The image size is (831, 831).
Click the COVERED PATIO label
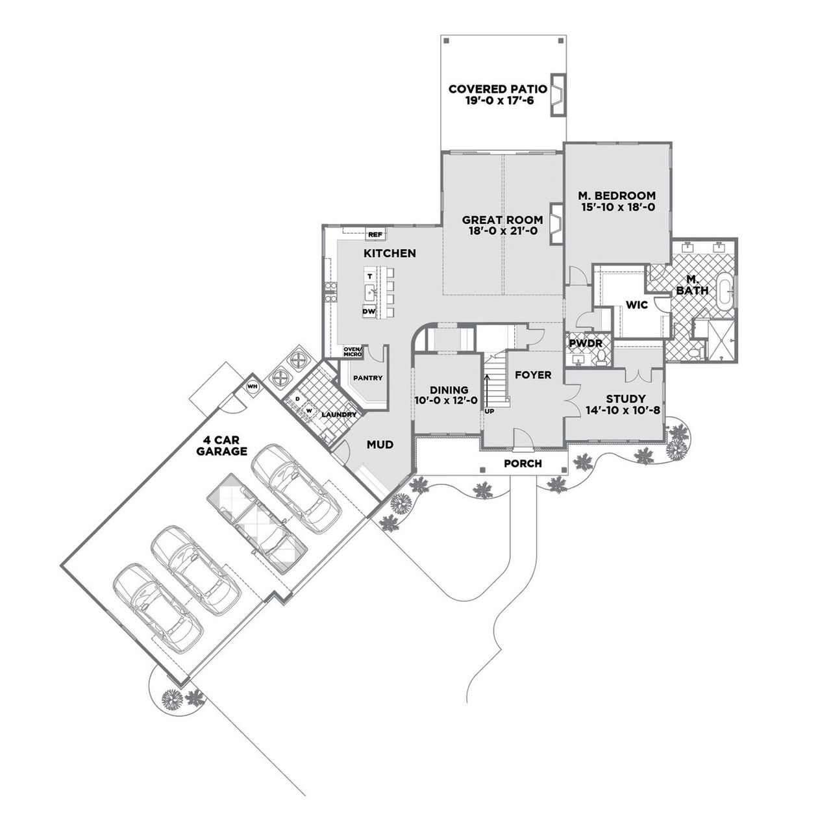tap(497, 89)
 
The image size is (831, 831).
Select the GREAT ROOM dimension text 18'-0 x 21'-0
tap(502, 231)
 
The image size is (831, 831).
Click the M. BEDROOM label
tap(617, 195)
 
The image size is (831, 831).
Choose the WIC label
tap(637, 304)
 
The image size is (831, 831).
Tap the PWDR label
tap(586, 343)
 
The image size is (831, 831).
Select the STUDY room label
tap(625, 399)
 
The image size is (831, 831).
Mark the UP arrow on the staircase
tap(486, 390)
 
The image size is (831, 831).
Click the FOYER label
tap(533, 375)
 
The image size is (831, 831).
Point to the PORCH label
tap(523, 464)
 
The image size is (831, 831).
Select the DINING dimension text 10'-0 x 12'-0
tap(446, 401)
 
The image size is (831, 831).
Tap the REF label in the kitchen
tap(375, 234)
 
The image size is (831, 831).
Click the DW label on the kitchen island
tap(369, 312)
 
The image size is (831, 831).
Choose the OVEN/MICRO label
tap(353, 351)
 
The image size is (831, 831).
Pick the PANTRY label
tap(367, 378)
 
